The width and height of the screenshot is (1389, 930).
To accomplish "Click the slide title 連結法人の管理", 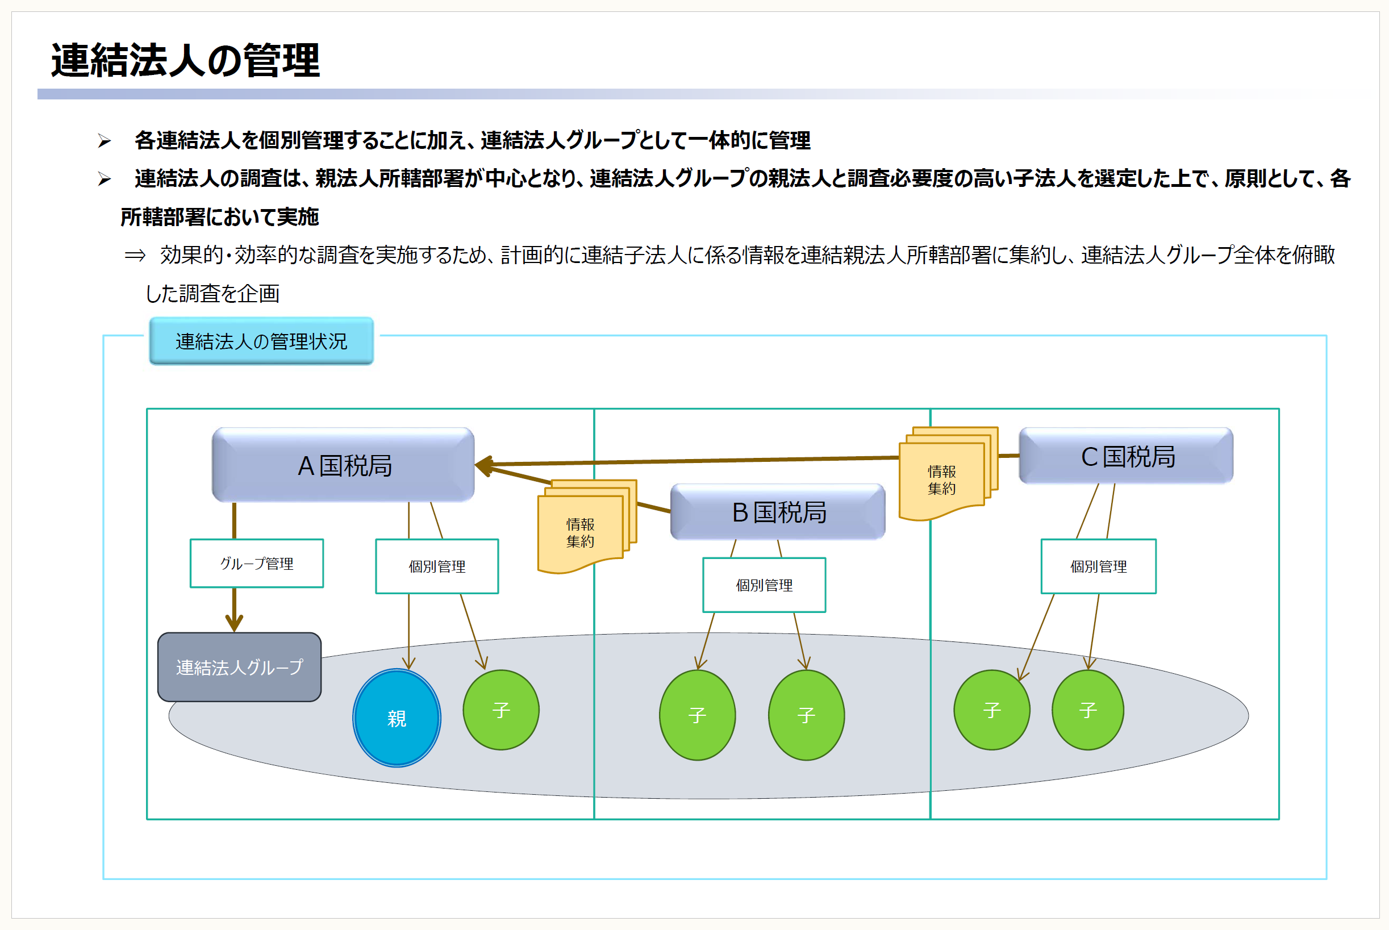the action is [186, 60].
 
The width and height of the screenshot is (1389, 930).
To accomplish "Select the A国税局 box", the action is [343, 465].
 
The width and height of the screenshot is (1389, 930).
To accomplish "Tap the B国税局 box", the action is [778, 512].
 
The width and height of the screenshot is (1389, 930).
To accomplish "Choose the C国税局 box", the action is [1125, 456].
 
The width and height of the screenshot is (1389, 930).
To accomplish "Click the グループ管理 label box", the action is [257, 564].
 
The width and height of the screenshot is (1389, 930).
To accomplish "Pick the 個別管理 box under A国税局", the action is [437, 566].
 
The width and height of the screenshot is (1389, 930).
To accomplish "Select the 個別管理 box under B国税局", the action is [764, 585].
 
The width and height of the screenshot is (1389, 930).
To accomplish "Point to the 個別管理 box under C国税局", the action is [1098, 566].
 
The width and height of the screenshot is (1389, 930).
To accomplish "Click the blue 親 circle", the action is [397, 718].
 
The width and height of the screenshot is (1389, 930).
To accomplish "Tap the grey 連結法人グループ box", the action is [240, 668].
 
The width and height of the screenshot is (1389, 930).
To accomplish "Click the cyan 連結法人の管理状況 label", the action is [261, 341].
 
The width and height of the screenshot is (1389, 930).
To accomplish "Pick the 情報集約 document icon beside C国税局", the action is [948, 473].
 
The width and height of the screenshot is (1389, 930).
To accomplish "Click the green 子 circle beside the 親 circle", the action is [501, 710].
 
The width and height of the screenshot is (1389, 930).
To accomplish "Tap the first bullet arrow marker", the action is [105, 141].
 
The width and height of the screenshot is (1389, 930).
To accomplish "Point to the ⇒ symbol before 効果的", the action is [135, 255].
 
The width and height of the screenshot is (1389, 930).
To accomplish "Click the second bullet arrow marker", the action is [105, 179].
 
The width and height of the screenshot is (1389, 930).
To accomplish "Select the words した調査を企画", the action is [212, 294].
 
